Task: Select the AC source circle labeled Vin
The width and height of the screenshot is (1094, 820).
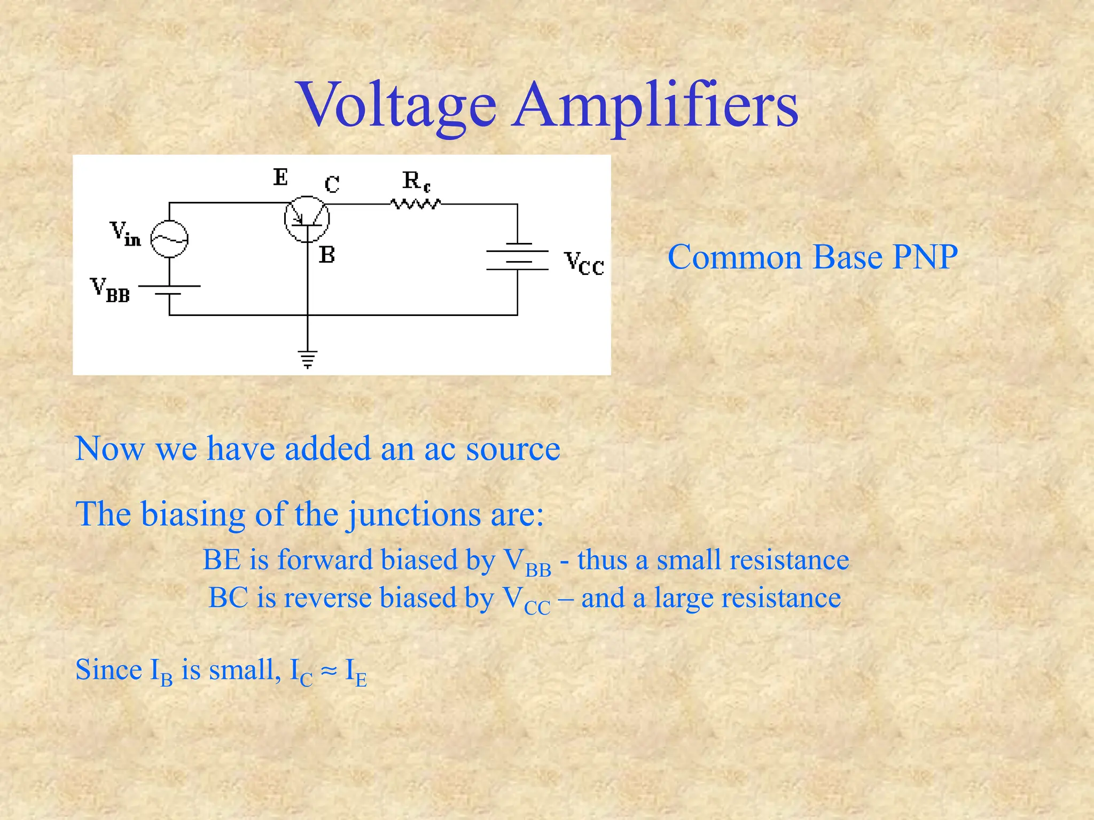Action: [169, 239]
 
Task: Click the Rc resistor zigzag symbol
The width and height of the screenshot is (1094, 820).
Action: [416, 204]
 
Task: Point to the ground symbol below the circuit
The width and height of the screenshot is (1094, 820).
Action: [308, 359]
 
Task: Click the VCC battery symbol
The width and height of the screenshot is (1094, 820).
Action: [517, 256]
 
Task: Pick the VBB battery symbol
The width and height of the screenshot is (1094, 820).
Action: [169, 290]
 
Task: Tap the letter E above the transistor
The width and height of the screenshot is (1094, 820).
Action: [280, 177]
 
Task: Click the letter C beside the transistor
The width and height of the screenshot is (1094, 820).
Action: [332, 185]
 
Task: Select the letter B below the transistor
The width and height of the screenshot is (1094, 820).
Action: [327, 255]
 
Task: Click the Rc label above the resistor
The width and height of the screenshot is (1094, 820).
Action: [416, 181]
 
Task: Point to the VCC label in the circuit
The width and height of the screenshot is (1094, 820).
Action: [584, 263]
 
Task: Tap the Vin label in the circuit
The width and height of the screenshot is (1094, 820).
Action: [125, 234]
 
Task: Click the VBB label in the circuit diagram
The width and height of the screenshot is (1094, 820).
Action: [110, 290]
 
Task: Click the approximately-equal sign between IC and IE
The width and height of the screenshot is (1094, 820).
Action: [329, 670]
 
